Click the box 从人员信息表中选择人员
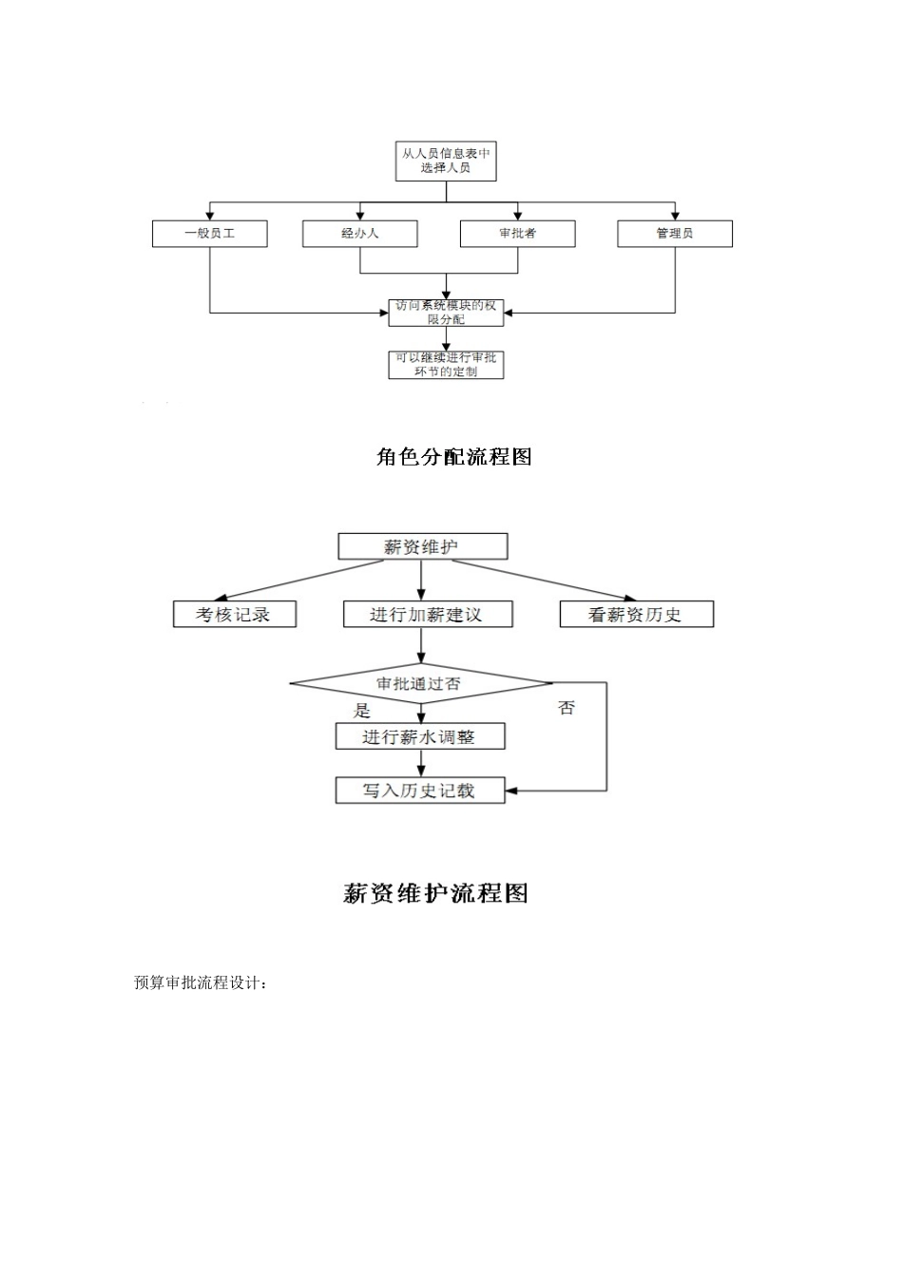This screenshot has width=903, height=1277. pyautogui.click(x=446, y=161)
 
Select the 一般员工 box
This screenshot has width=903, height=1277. pyautogui.click(x=209, y=234)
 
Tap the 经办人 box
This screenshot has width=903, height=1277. pyautogui.click(x=359, y=234)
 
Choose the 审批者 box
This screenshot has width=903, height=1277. pyautogui.click(x=517, y=234)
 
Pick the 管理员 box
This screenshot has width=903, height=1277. pyautogui.click(x=675, y=234)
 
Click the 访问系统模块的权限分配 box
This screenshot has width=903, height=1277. pyautogui.click(x=446, y=313)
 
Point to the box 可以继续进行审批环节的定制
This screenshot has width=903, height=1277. pyautogui.click(x=446, y=365)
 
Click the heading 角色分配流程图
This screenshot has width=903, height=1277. pyautogui.click(x=453, y=457)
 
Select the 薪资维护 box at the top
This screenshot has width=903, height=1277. pyautogui.click(x=422, y=546)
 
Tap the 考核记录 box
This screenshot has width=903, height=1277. pyautogui.click(x=234, y=615)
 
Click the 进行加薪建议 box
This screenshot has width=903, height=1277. pyautogui.click(x=427, y=615)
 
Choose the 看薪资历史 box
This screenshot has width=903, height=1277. pyautogui.click(x=636, y=615)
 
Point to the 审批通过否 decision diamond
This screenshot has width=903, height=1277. pyautogui.click(x=420, y=683)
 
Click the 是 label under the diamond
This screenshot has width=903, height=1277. pyautogui.click(x=362, y=710)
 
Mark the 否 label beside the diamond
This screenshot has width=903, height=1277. pyautogui.click(x=567, y=708)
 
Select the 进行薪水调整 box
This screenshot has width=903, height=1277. pyautogui.click(x=419, y=736)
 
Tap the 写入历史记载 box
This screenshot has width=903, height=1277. pyautogui.click(x=419, y=791)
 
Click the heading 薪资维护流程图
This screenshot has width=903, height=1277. pyautogui.click(x=434, y=893)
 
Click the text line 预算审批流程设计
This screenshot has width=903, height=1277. pyautogui.click(x=201, y=983)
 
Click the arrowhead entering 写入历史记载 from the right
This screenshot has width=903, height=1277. pyautogui.click(x=511, y=791)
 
